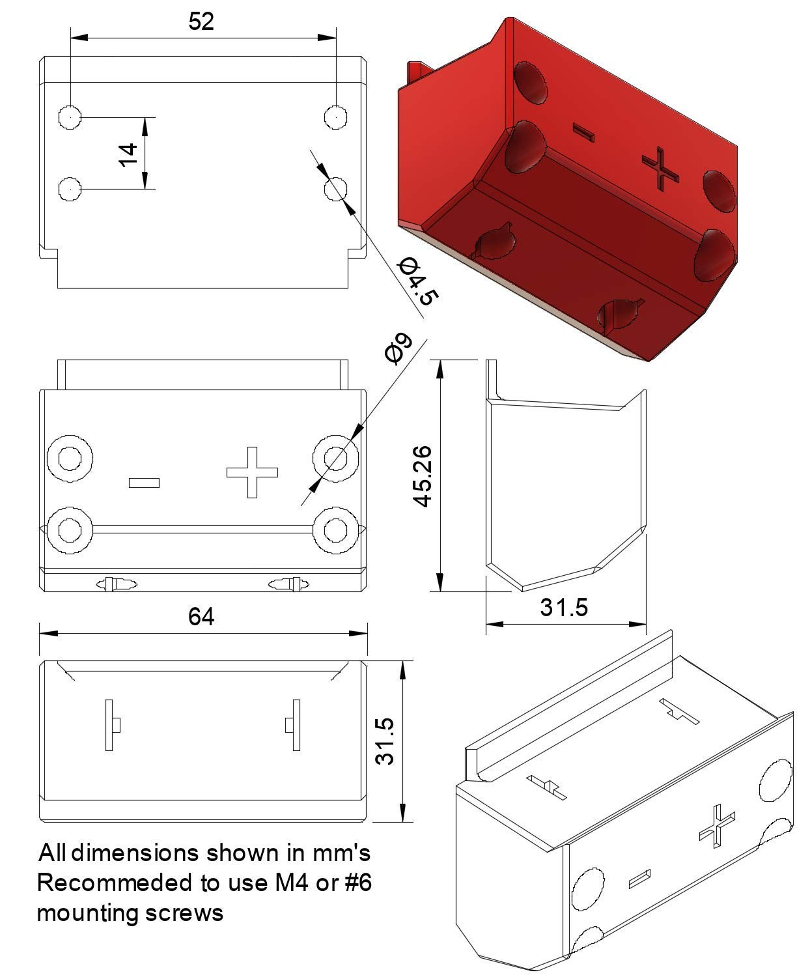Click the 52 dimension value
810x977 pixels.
pyautogui.click(x=201, y=21)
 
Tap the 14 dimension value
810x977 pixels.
pyautogui.click(x=128, y=155)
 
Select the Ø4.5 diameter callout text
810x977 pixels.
pyautogui.click(x=417, y=281)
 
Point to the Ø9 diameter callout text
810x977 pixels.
pyautogui.click(x=398, y=348)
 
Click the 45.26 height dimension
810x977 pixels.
pyautogui.click(x=423, y=476)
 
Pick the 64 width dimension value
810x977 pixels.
pyautogui.click(x=201, y=617)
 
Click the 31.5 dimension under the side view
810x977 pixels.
pyautogui.click(x=563, y=607)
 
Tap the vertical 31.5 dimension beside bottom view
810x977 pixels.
pyautogui.click(x=385, y=741)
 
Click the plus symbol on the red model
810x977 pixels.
pyautogui.click(x=660, y=169)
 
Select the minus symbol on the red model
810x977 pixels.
pyautogui.click(x=583, y=132)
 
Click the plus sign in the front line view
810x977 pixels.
pyautogui.click(x=252, y=472)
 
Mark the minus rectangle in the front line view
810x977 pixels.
pyautogui.click(x=144, y=483)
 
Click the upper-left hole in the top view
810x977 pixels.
pyautogui.click(x=70, y=117)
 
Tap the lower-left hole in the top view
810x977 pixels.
pyautogui.click(x=70, y=189)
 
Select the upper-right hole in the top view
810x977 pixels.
pyautogui.click(x=335, y=117)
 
